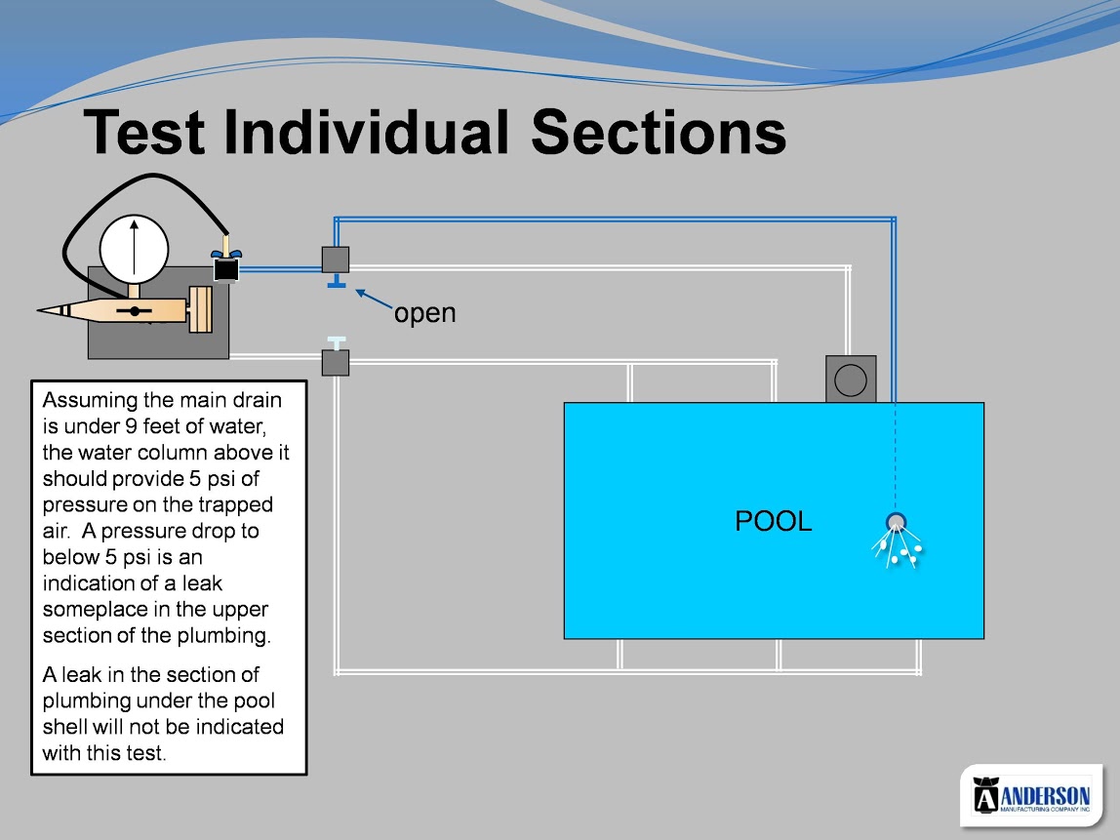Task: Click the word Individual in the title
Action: (367, 132)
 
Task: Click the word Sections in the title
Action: (659, 132)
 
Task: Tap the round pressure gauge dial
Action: (135, 250)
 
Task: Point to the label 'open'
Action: (425, 313)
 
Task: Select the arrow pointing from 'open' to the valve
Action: (374, 299)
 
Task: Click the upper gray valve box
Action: (335, 260)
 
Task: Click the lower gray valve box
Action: (335, 363)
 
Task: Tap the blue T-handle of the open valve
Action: (337, 282)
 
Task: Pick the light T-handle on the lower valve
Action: (337, 342)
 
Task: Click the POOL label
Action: (774, 521)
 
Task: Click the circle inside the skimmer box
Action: (851, 380)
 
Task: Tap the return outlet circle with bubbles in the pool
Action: (896, 522)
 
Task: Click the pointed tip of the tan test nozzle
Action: (38, 310)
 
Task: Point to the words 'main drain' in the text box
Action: (224, 400)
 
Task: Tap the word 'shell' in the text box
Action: (69, 727)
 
